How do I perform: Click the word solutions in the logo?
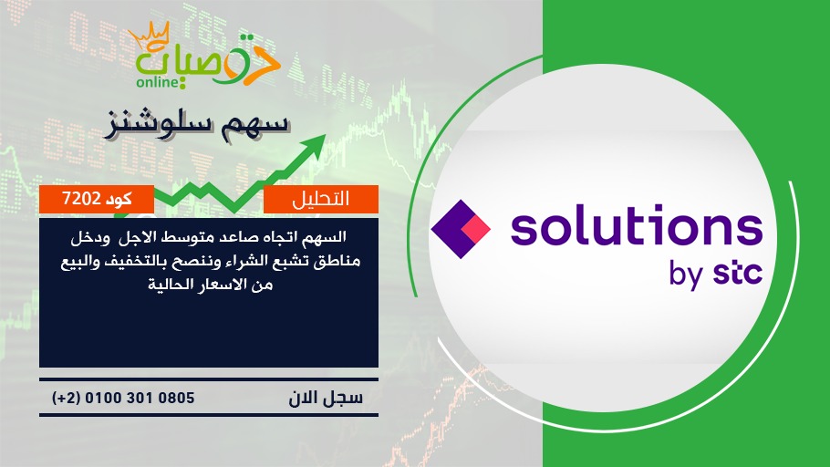point(637,225)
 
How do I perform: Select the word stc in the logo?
point(738,273)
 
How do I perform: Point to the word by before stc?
point(686,275)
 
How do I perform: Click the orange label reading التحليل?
point(321,199)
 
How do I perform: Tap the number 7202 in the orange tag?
point(81,199)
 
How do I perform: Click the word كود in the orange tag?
point(119,199)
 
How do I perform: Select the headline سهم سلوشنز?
point(197,124)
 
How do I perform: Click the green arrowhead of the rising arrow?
point(315,144)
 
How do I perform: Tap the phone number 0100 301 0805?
point(140,398)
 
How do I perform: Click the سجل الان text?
point(326,398)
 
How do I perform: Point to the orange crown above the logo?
point(149,36)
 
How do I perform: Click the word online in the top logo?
point(159,82)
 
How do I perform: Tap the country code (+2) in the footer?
point(66,398)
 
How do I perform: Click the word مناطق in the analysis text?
point(340,262)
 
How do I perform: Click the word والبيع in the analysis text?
point(79,262)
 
